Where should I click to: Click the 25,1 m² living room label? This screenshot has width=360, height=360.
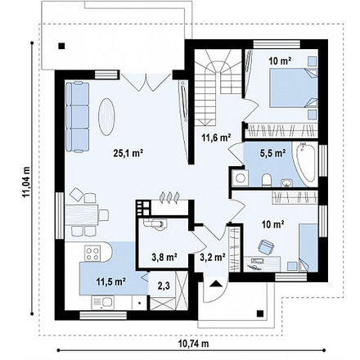[128, 154]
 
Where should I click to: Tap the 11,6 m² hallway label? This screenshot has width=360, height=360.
[217, 137]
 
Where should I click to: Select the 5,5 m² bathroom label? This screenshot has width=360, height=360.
[272, 153]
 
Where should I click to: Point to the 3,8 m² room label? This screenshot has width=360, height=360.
[164, 257]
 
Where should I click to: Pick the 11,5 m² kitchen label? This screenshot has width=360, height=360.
[110, 281]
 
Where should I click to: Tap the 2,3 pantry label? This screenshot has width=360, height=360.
[164, 286]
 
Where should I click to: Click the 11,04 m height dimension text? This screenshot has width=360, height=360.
[26, 182]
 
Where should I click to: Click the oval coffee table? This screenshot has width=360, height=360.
[106, 116]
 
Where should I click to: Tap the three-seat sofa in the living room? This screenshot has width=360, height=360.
[78, 117]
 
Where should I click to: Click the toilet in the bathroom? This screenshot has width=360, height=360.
[267, 180]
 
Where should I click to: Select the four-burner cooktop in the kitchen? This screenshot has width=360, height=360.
[92, 254]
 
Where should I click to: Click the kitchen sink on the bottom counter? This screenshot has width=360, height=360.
[104, 303]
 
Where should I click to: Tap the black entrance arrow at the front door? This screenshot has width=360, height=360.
[216, 284]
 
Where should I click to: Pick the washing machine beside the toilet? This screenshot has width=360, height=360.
[240, 178]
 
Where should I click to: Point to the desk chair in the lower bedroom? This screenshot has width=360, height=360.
[266, 246]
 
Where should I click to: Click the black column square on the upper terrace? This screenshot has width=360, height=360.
[62, 46]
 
